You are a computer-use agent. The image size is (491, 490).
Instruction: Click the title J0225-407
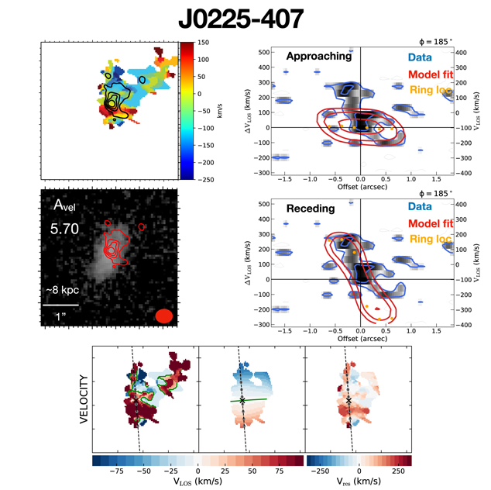click(247, 19)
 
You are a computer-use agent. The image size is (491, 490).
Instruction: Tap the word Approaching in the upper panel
click(318, 57)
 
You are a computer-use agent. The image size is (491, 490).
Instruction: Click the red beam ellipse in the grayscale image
click(163, 316)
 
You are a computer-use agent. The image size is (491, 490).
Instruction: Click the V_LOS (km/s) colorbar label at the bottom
click(198, 480)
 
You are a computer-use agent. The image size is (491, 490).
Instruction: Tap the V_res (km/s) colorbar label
click(358, 480)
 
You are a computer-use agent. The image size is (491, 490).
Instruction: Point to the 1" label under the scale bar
click(60, 317)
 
